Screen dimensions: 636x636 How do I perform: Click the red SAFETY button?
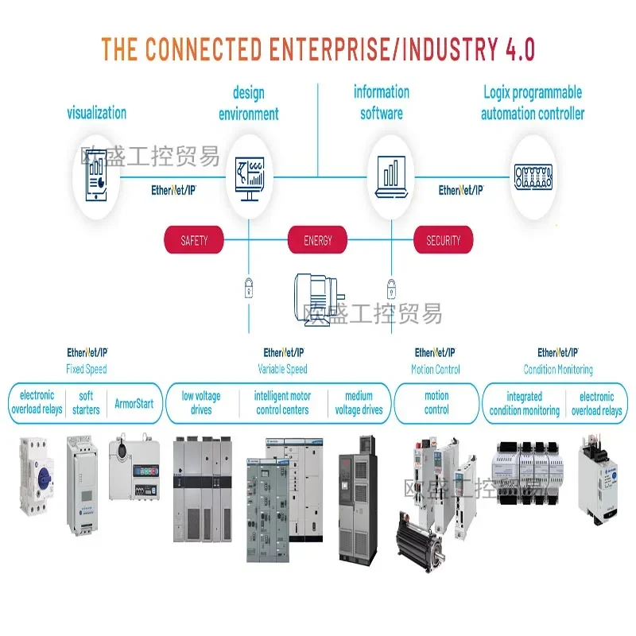pyautogui.click(x=194, y=240)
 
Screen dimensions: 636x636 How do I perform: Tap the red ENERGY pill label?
pyautogui.click(x=317, y=240)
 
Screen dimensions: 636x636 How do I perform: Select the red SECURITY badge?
pyautogui.click(x=443, y=240)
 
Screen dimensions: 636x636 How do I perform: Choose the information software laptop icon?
pyautogui.click(x=390, y=175)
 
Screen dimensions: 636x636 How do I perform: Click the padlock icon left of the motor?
pyautogui.click(x=249, y=286)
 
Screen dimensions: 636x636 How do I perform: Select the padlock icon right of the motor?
pyautogui.click(x=390, y=286)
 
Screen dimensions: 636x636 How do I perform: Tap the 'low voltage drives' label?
pyautogui.click(x=201, y=403)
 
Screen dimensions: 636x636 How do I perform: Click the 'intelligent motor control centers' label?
pyautogui.click(x=282, y=403)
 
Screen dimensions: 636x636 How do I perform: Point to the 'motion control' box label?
pyautogui.click(x=436, y=403)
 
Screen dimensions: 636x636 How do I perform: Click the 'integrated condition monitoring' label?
pyautogui.click(x=524, y=403)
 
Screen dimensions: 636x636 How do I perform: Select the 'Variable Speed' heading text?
pyautogui.click(x=282, y=370)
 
